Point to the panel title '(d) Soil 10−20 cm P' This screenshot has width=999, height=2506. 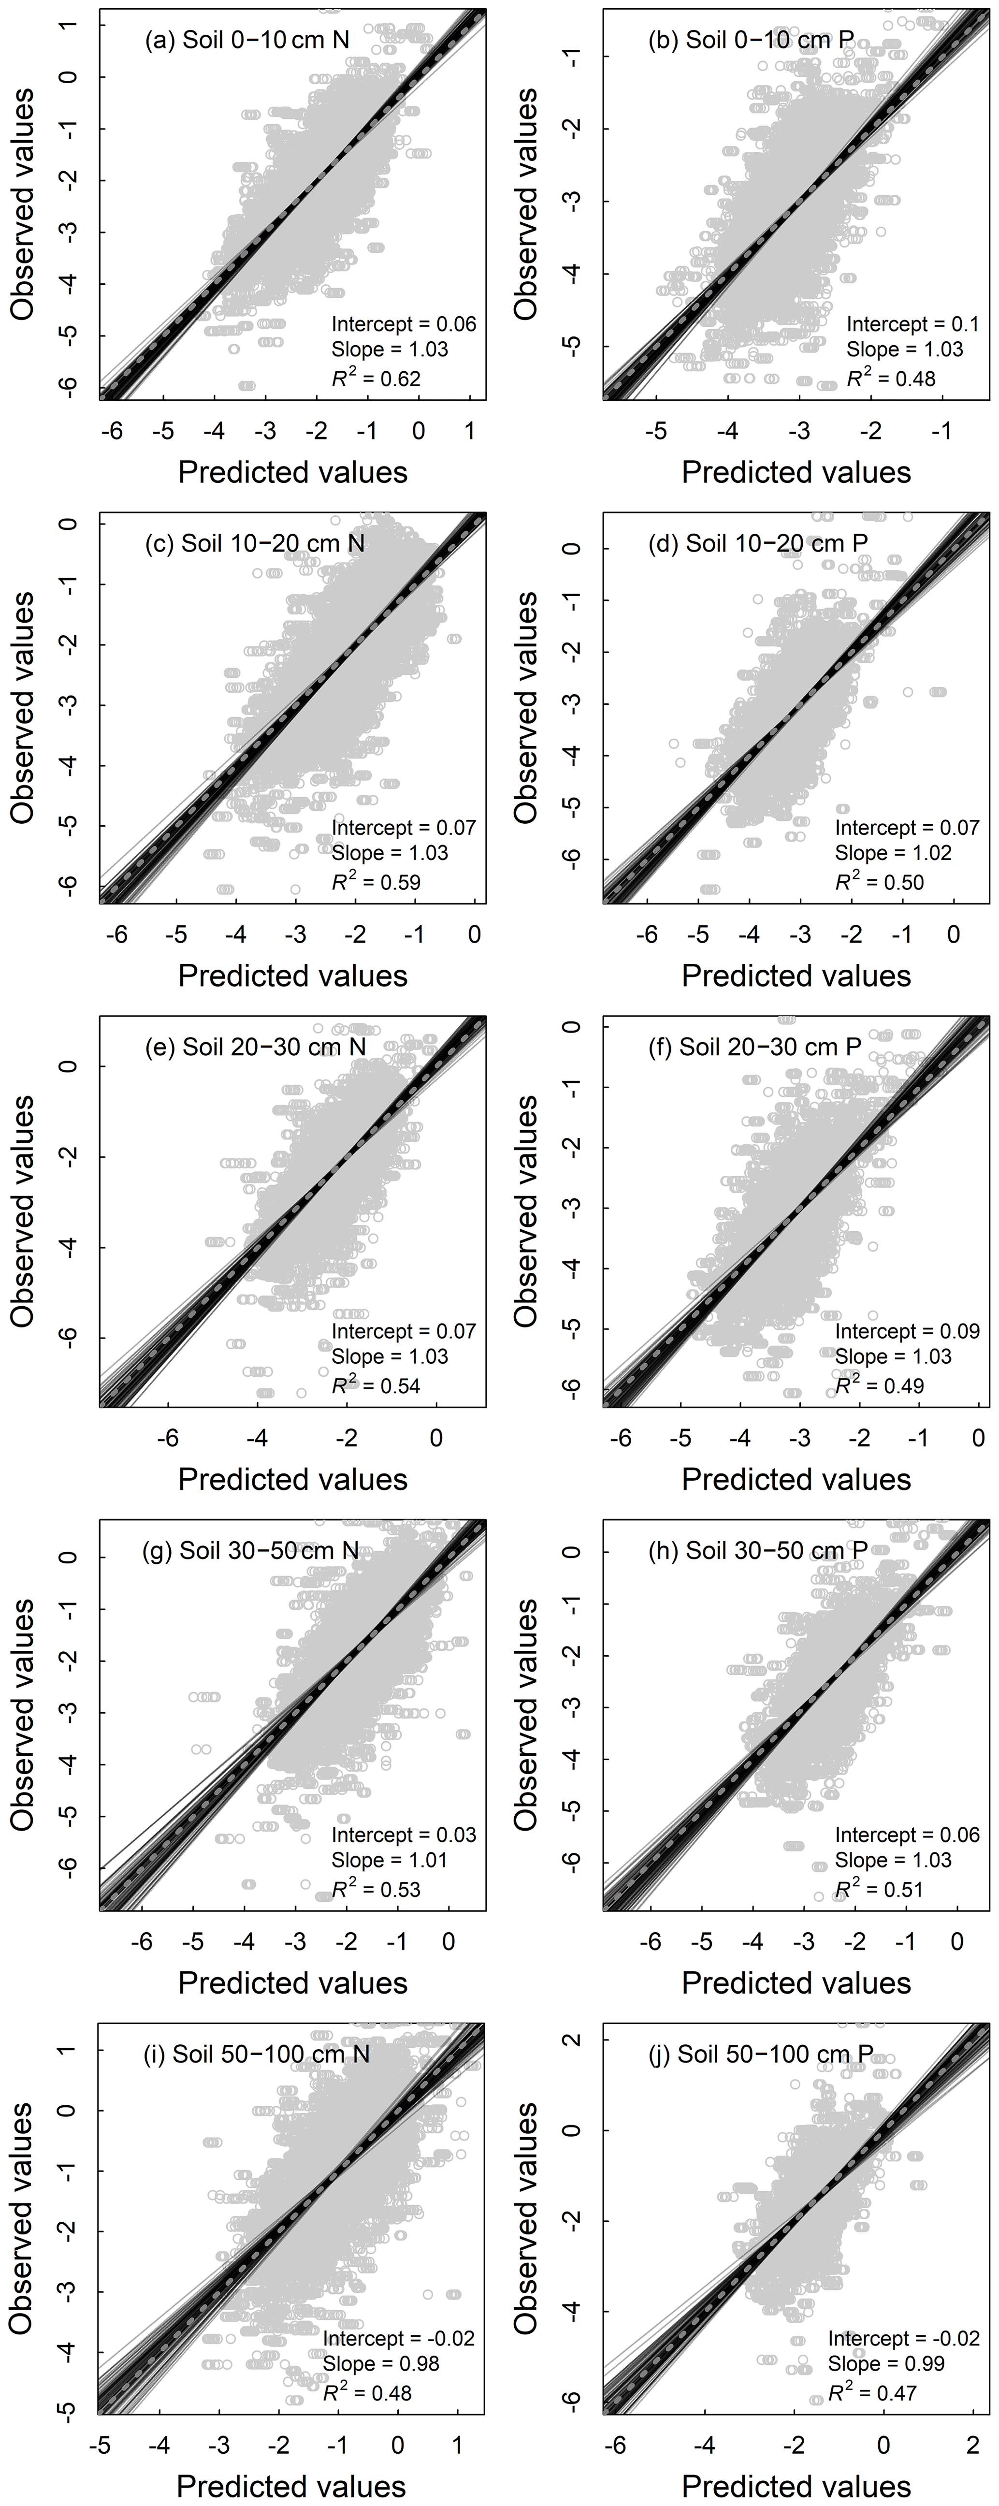coord(758,543)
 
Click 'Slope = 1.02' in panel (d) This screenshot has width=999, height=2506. coord(893,853)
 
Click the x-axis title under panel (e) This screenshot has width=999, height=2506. coord(292,1480)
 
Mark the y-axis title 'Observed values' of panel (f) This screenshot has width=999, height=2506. coord(525,1211)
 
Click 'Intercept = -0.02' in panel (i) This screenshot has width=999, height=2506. coord(399,2338)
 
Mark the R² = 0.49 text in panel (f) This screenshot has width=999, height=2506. coord(879,1385)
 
